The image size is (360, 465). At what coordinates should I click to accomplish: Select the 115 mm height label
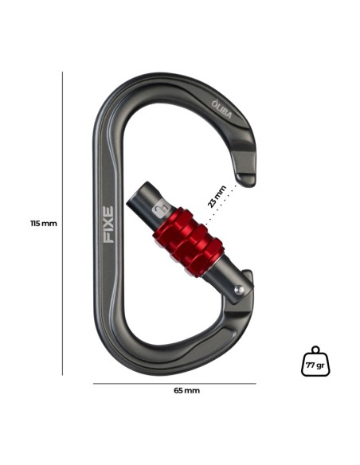43,224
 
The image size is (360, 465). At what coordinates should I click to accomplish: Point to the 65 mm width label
186,390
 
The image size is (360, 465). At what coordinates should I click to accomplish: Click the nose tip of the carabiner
246,176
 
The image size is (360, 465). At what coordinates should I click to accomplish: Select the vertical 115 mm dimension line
62,223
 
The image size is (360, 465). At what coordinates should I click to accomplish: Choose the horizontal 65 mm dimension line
174,383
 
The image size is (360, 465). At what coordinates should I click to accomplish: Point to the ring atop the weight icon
315,349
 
